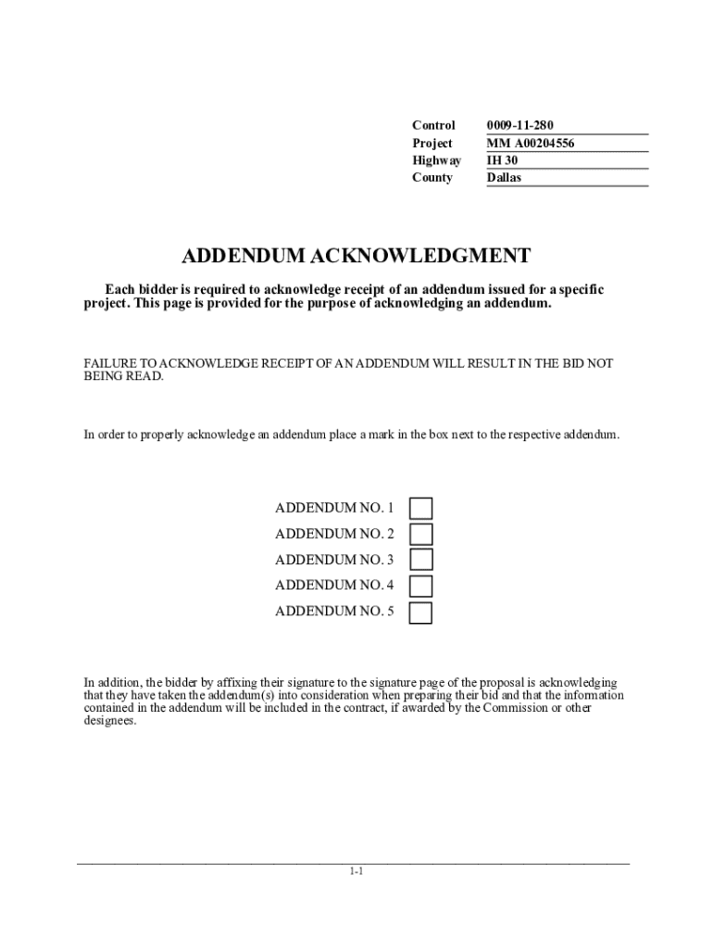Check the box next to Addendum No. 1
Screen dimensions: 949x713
420,508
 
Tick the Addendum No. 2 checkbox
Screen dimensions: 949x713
420,534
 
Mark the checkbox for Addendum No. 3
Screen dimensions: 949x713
420,560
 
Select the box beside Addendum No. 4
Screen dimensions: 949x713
420,586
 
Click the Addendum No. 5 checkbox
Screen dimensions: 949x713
420,612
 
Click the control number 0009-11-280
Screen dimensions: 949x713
520,125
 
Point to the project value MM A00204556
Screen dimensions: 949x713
531,143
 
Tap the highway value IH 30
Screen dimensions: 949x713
502,160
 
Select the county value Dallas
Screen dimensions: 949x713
505,178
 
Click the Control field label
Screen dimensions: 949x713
433,125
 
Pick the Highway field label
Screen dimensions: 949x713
436,160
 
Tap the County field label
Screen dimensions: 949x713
432,178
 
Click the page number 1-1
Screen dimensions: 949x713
356,871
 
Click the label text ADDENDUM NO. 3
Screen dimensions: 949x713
334,560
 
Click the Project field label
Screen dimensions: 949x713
432,143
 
